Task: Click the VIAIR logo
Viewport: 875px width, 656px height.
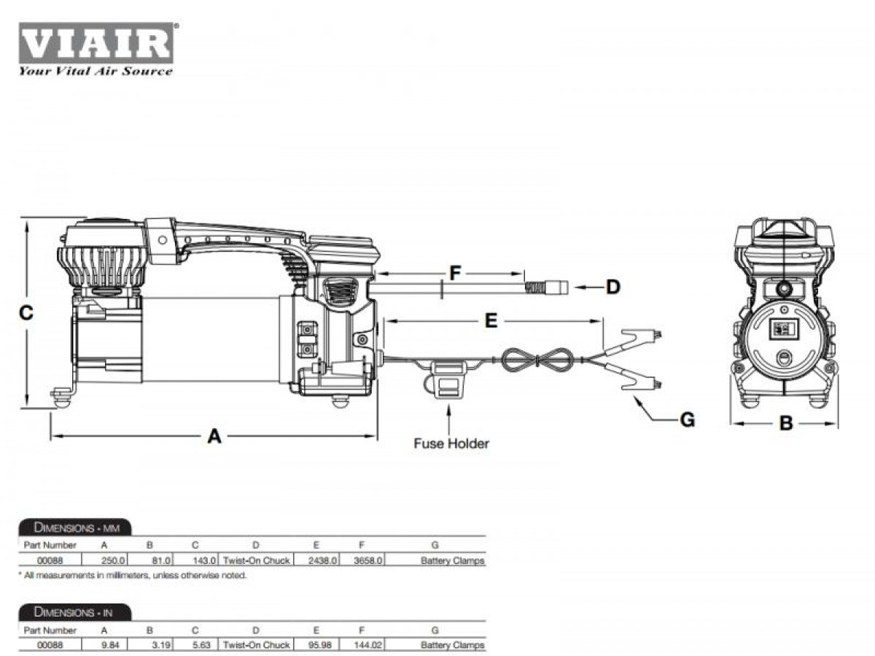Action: (96, 43)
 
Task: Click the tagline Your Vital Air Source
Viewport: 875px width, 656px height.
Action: (96, 72)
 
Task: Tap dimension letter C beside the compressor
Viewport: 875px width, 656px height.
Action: (26, 313)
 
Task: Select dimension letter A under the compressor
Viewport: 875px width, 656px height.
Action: (214, 436)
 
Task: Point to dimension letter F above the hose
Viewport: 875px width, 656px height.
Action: (455, 274)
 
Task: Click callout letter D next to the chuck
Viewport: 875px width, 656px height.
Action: (613, 287)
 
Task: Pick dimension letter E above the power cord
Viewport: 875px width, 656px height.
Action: (491, 321)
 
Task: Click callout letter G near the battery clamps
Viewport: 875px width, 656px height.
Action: (688, 420)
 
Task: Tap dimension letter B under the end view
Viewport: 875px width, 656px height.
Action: (786, 423)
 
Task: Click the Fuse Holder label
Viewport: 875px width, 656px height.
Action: (451, 444)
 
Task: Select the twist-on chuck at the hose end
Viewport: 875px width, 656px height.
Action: (547, 287)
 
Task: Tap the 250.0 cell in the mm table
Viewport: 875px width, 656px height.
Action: (113, 560)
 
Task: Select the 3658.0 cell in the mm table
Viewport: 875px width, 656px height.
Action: (367, 560)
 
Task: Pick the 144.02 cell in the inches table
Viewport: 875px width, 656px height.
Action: (367, 645)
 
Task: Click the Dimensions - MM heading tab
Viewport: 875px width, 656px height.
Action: (75, 528)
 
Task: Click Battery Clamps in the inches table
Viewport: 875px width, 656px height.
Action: (453, 645)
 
